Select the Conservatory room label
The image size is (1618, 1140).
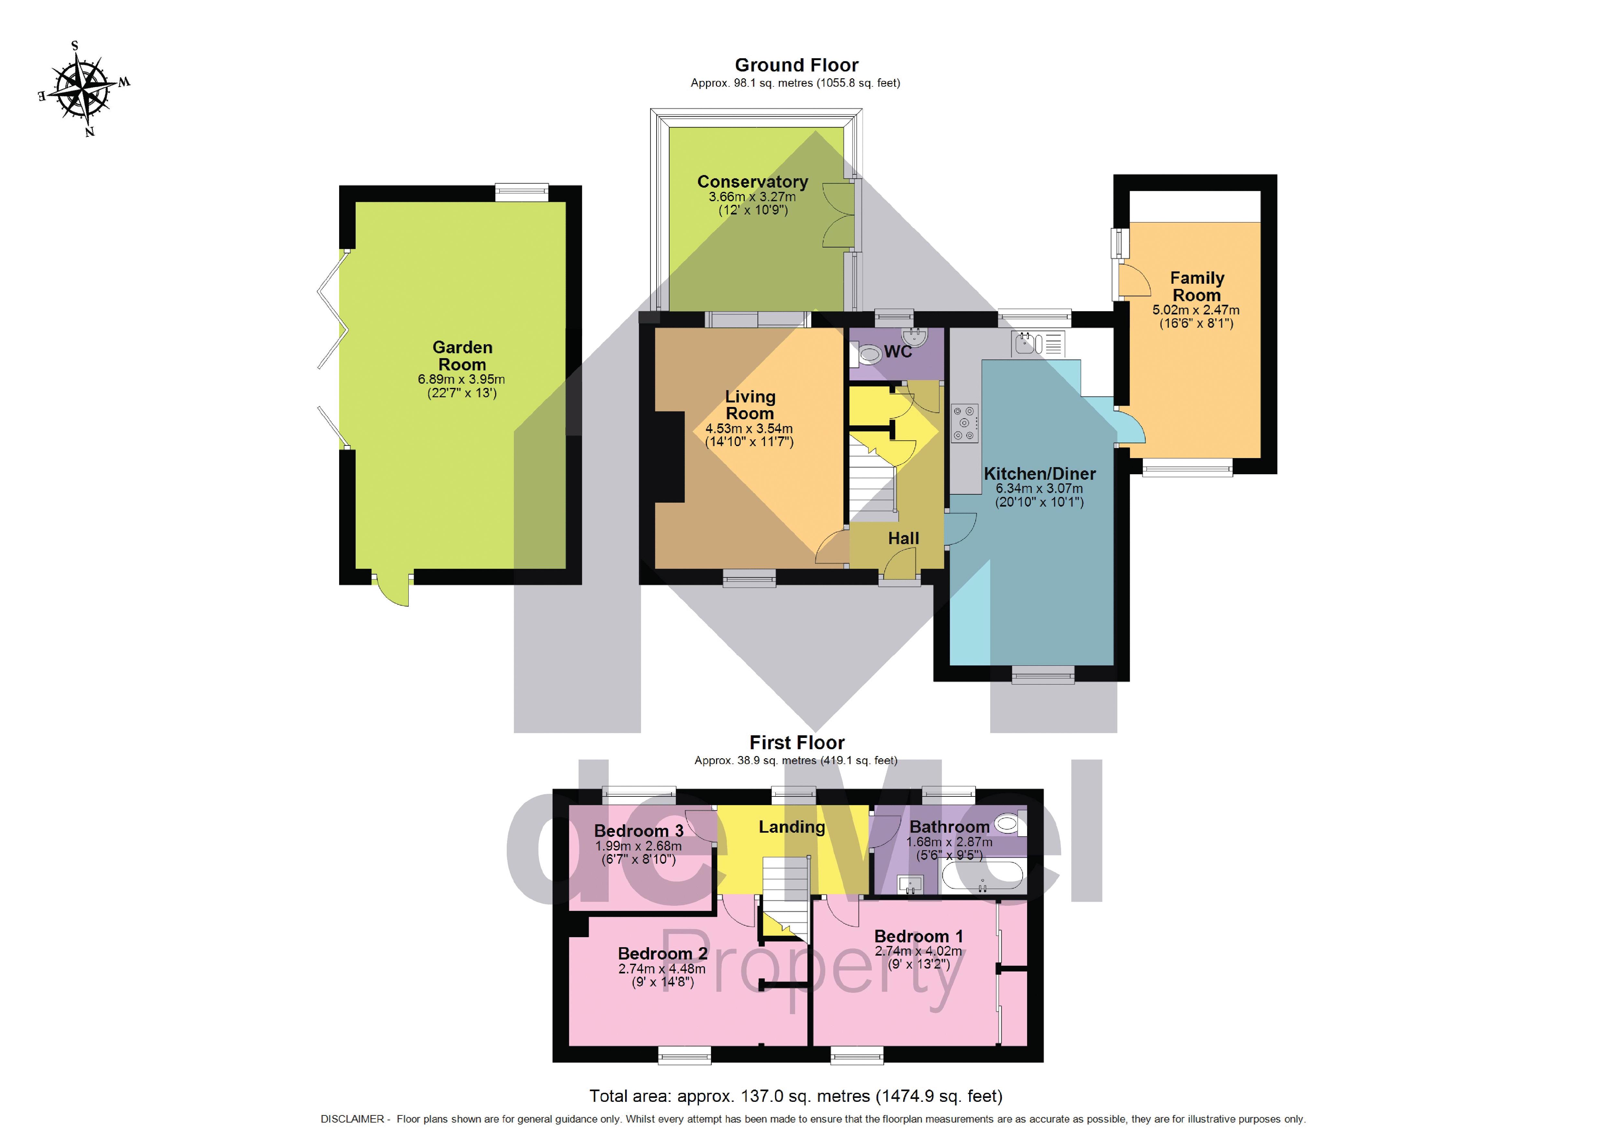click(x=753, y=182)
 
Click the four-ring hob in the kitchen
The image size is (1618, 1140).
click(x=965, y=423)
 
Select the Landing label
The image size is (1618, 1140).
click(x=792, y=827)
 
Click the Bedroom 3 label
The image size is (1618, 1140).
click(x=638, y=831)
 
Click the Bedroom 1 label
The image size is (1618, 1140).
click(x=918, y=937)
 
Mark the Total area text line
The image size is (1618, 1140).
click(x=796, y=1096)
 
